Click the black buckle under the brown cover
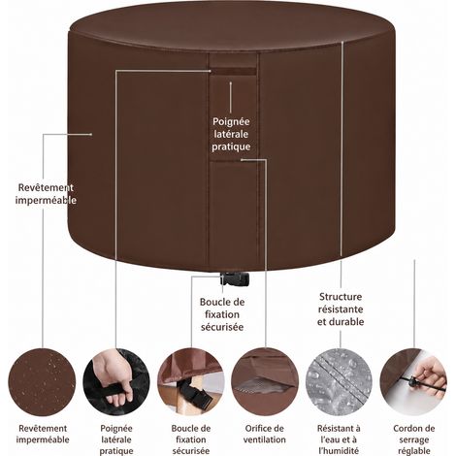click(x=235, y=279)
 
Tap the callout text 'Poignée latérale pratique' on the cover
click(x=231, y=134)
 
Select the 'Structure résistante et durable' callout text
click(x=341, y=309)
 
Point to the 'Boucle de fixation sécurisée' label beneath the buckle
click(x=222, y=314)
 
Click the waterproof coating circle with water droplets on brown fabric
click(x=42, y=382)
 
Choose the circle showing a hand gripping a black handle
click(x=116, y=382)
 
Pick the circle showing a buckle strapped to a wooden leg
click(x=191, y=382)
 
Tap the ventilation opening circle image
click(x=265, y=382)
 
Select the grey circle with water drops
click(x=340, y=382)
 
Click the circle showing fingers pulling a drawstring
click(x=413, y=382)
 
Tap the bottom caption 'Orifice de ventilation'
click(x=265, y=434)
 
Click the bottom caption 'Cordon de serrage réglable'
click(x=414, y=440)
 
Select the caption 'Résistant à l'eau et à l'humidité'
click(x=339, y=440)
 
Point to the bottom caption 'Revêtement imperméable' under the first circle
click(x=43, y=434)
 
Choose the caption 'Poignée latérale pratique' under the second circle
click(x=116, y=440)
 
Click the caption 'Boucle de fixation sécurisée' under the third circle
click(x=191, y=440)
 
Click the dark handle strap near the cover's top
click(x=234, y=72)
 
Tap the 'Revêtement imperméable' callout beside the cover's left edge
click(x=46, y=194)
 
